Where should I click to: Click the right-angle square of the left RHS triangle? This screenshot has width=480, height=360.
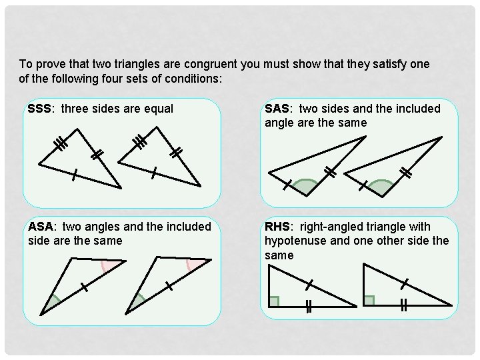click(x=273, y=301)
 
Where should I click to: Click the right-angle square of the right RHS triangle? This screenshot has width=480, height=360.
click(x=369, y=301)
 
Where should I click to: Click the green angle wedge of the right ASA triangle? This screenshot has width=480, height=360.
click(x=138, y=303)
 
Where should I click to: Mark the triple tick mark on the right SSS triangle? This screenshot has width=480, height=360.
click(x=140, y=141)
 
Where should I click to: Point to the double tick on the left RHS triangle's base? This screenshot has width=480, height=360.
click(x=309, y=307)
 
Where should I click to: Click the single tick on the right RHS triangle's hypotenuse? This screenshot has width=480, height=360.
click(x=404, y=284)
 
